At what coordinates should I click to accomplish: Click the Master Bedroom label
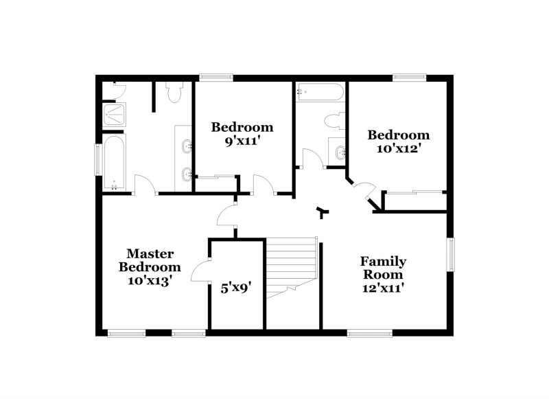(150, 266)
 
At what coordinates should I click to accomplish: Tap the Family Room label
(383, 275)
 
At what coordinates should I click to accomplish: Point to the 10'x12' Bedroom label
(398, 142)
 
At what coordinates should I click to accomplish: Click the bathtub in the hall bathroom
(319, 93)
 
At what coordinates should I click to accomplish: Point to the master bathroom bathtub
(114, 162)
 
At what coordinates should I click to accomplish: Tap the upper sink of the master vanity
(186, 146)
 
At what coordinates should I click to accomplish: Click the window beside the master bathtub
(98, 161)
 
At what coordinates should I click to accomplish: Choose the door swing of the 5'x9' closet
(200, 273)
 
